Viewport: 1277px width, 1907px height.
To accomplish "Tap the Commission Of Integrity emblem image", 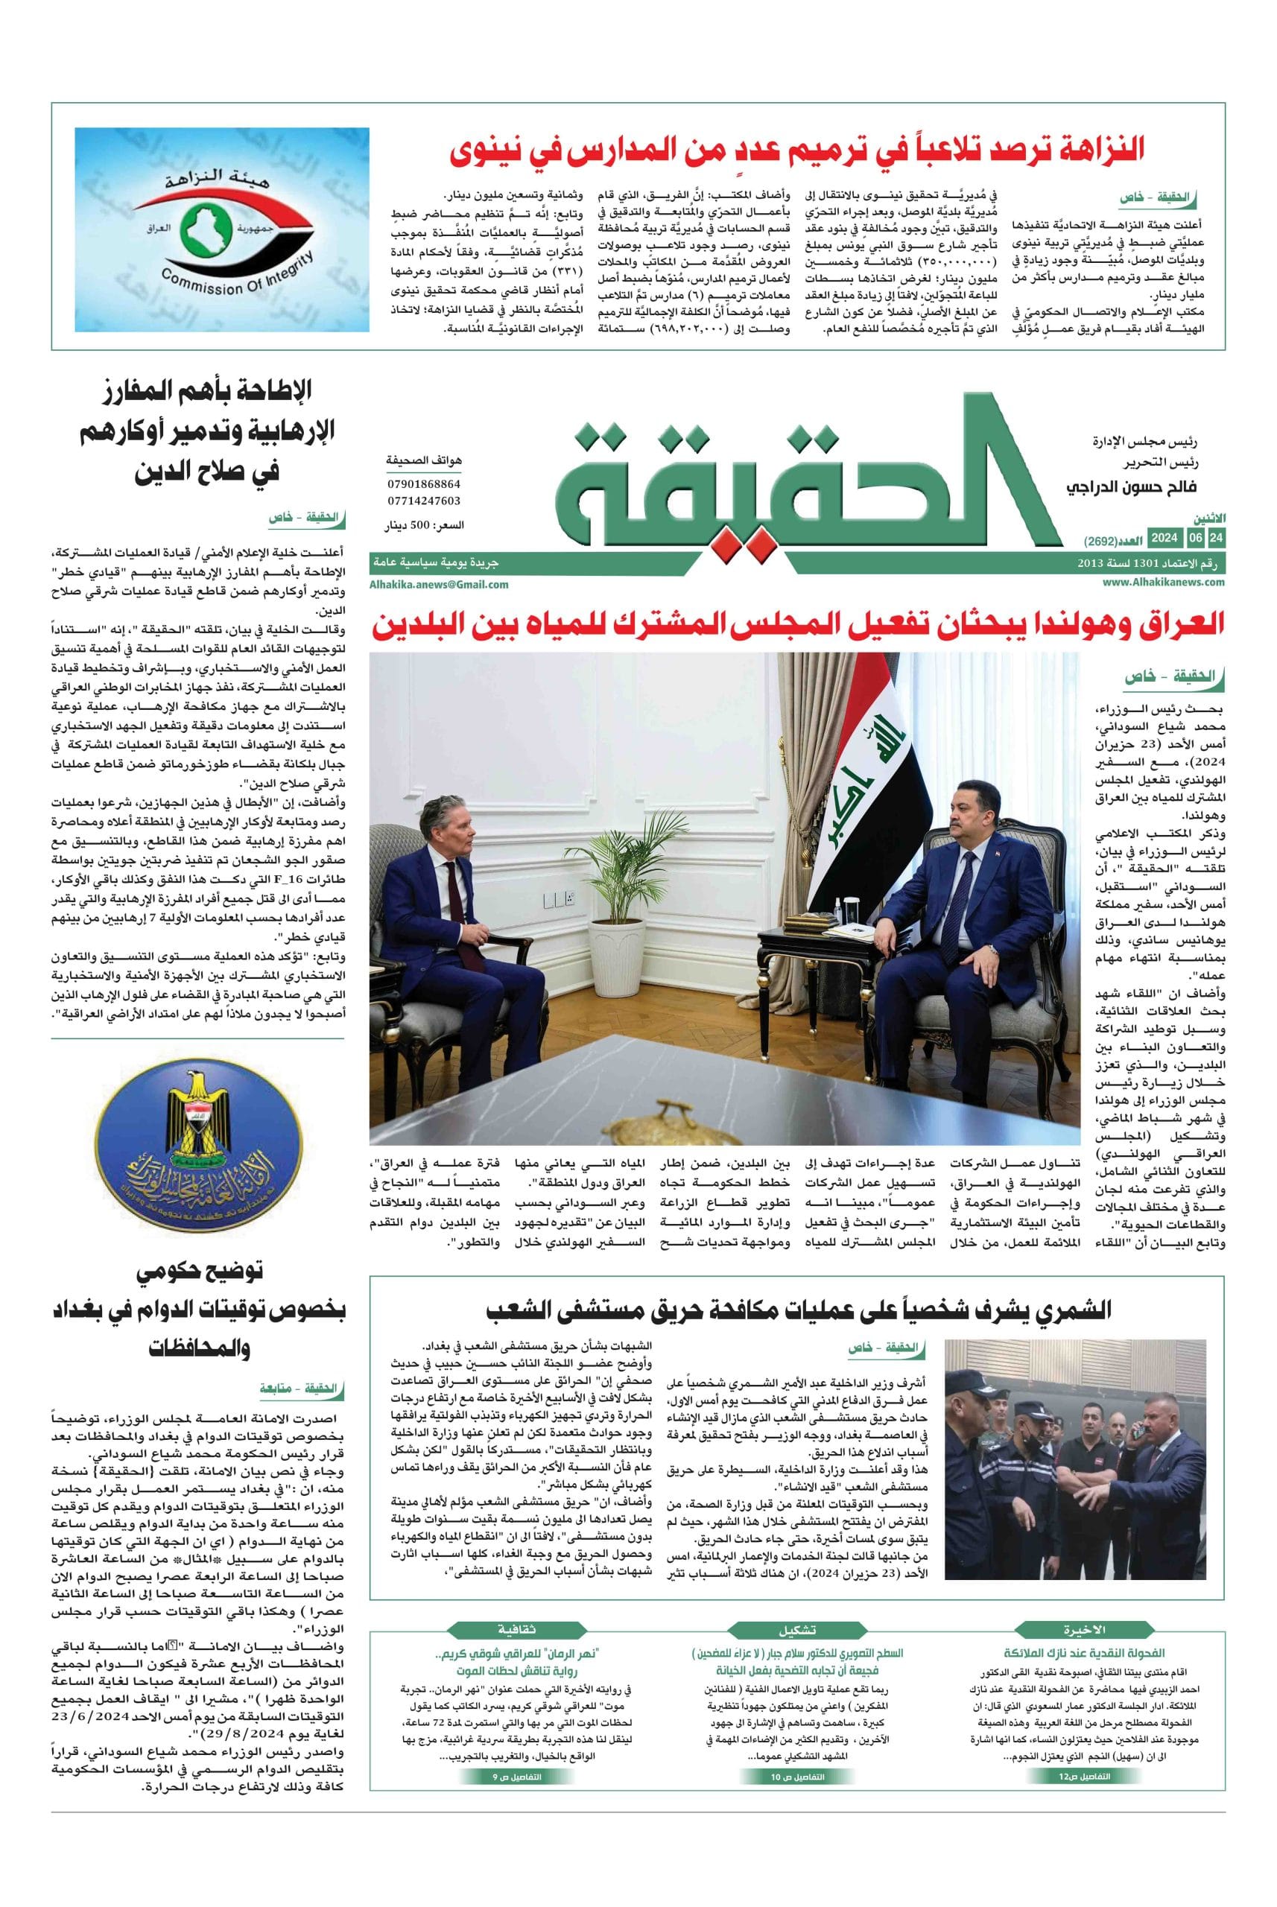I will [x=222, y=229].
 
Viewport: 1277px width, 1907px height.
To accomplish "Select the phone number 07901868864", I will [x=423, y=483].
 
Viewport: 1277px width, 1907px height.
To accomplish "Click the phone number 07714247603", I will [x=423, y=501].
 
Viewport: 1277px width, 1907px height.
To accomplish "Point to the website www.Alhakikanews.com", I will [x=1164, y=581].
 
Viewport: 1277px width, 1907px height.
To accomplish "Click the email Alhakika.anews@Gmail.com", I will [x=439, y=584].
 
